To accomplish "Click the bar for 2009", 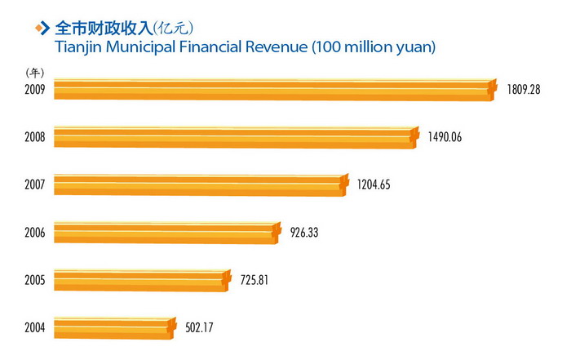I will click(273, 89).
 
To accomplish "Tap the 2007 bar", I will click(201, 185).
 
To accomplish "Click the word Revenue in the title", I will click(274, 47).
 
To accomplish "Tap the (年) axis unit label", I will click(35, 73).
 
